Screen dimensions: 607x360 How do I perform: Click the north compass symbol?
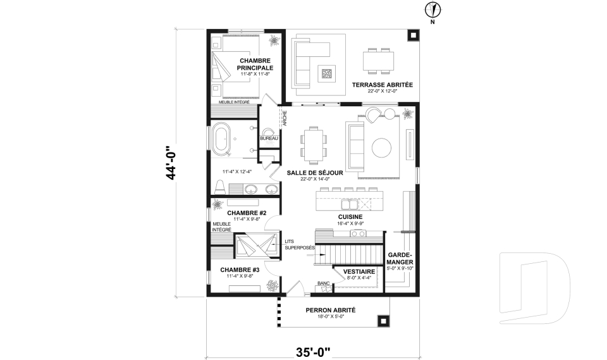pos(433,9)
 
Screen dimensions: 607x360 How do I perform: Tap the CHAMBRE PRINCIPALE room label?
pos(255,65)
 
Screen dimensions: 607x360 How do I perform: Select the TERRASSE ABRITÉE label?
pos(383,85)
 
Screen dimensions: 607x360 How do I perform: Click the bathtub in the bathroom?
pos(221,137)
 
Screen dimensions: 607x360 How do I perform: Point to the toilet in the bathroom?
pos(220,187)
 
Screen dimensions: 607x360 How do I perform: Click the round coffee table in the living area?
pos(382,147)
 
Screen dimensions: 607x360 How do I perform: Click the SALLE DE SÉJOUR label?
pos(315,173)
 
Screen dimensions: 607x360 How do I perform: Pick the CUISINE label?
pos(350,217)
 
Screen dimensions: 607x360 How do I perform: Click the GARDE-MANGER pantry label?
pos(400,259)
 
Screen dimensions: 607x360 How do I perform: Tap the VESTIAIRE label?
pos(359,271)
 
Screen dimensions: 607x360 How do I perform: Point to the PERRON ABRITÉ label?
pos(331,310)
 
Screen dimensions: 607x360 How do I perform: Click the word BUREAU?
pos(269,139)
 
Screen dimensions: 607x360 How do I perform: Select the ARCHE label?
pos(285,118)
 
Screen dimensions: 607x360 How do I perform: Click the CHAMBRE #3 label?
pos(240,270)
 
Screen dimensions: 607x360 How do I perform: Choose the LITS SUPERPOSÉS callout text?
pos(300,244)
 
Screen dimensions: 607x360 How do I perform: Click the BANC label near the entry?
pos(324,283)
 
